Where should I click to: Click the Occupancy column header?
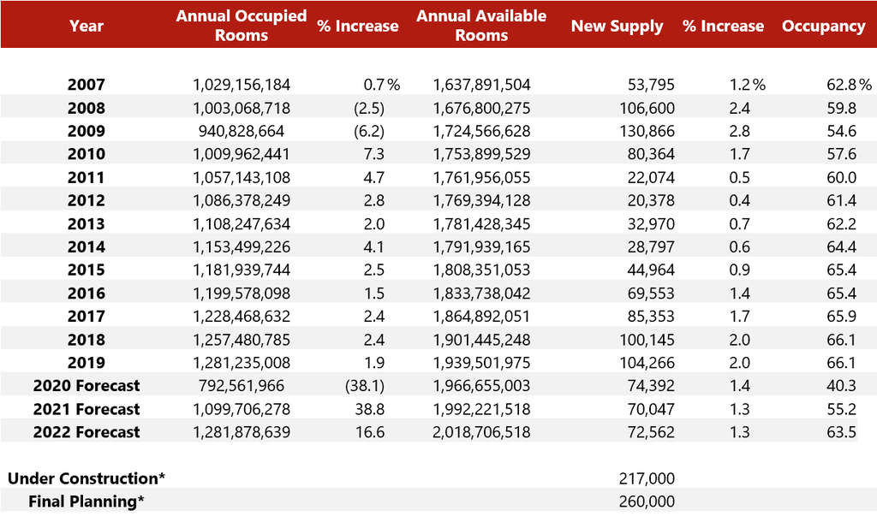[x=823, y=26]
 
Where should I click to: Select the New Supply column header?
[x=617, y=26]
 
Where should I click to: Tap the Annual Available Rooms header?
[x=481, y=26]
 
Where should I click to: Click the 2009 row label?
[x=87, y=131]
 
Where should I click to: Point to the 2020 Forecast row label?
[x=87, y=386]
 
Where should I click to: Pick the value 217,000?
[x=646, y=478]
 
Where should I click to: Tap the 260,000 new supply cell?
[x=646, y=501]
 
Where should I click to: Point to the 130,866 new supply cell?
[x=646, y=131]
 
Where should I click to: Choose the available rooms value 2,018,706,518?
[x=482, y=432]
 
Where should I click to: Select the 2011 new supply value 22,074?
[x=650, y=177]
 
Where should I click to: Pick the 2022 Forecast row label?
[x=87, y=432]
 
